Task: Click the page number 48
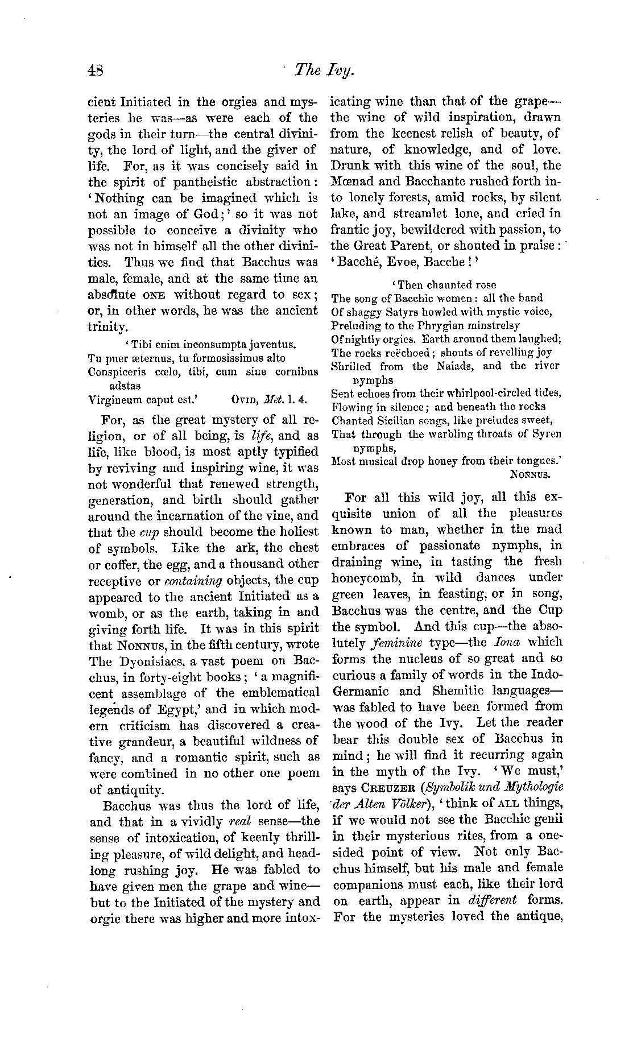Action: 95,69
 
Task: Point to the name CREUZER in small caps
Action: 383,787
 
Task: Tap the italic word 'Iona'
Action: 505,642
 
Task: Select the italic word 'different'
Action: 491,900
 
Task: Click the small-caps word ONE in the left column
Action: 154,295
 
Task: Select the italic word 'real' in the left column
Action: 239,820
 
